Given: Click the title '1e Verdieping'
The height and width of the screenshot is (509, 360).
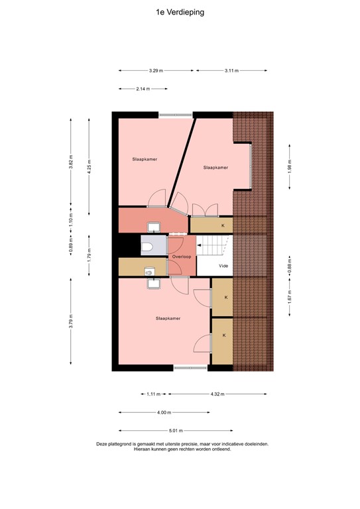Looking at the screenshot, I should [x=180, y=11].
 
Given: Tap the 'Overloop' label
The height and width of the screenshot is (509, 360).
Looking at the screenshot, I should [x=181, y=256].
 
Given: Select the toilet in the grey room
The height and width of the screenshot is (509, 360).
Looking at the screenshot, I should [x=148, y=247].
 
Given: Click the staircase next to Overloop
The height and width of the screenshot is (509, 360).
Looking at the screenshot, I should [x=213, y=247].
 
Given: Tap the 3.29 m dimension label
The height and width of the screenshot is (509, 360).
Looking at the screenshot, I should [x=156, y=70].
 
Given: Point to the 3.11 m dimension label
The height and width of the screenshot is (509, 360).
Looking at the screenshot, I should [x=231, y=70].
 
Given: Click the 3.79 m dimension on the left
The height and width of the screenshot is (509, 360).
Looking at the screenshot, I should [x=71, y=321].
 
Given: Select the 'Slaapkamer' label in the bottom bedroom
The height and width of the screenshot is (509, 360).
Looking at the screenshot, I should [x=168, y=318].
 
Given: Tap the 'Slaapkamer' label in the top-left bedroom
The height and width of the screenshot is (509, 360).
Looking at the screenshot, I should [x=145, y=160].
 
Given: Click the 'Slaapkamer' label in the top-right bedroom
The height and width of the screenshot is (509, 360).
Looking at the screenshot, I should [x=215, y=168].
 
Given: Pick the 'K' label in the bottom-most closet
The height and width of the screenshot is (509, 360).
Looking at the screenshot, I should [x=224, y=335].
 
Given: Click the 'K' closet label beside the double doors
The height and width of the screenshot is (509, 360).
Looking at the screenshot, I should [x=223, y=225].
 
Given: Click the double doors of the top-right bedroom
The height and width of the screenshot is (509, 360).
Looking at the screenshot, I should [x=204, y=211].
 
